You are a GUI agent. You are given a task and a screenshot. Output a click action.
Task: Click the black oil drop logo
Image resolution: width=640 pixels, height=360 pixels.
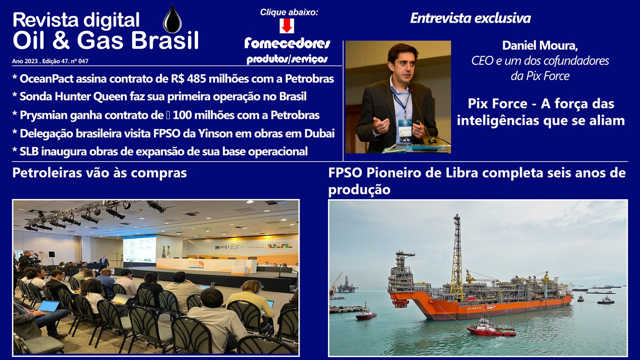tap(172, 19)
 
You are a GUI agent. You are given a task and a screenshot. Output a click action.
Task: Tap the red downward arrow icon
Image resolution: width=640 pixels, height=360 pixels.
tap(286, 26)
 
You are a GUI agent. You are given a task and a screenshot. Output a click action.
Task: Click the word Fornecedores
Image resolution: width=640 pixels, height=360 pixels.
tap(287, 44)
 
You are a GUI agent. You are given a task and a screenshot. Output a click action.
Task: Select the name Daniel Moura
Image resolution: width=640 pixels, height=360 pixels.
tap(540, 46)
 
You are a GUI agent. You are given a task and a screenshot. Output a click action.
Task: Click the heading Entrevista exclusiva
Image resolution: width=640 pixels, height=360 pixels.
tap(470, 18)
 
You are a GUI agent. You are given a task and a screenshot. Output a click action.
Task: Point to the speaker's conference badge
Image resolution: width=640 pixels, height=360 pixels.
tap(405, 127)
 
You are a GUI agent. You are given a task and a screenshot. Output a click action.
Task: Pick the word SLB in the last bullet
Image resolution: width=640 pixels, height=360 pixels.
tap(29, 152)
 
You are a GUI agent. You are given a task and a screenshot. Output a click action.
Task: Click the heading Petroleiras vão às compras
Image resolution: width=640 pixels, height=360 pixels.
tap(100, 173)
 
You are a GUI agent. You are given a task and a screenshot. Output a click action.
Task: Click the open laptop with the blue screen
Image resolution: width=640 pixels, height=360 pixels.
tap(48, 306)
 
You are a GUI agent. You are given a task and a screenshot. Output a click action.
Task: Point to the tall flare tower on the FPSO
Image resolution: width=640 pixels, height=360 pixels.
tap(457, 257)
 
